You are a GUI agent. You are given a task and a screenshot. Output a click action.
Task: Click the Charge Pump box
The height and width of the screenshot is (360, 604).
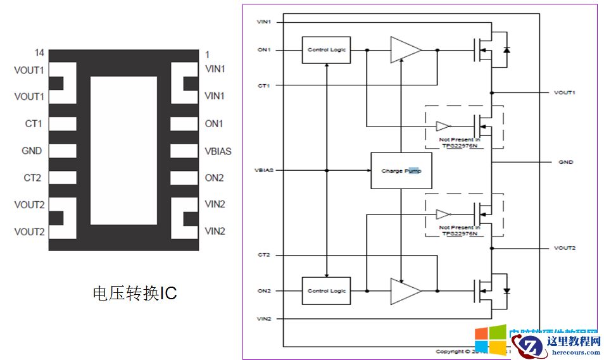point(401,171)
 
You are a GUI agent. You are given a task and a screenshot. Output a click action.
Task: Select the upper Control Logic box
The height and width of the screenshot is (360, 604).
point(326,50)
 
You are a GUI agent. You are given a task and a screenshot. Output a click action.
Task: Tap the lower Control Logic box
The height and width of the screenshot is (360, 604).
point(326,291)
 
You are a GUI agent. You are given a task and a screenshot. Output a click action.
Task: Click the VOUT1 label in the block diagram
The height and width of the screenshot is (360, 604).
point(565,93)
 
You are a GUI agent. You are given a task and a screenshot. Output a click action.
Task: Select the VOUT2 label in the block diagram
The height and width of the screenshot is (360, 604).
point(565,248)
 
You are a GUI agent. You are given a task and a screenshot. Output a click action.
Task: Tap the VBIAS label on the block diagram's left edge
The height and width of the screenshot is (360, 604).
point(265,170)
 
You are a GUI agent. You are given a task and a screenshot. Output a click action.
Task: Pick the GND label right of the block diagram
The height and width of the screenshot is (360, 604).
point(565,162)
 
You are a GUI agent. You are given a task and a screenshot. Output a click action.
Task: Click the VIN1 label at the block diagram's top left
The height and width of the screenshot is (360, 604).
point(264,22)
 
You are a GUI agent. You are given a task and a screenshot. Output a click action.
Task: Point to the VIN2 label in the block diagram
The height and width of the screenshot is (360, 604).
point(264,318)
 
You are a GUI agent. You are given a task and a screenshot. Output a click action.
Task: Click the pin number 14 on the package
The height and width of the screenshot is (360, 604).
point(39,53)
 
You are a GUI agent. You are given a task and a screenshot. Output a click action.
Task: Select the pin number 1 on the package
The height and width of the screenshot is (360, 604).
point(206,53)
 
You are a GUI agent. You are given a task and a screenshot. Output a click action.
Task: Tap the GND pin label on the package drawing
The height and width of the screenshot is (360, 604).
point(32,151)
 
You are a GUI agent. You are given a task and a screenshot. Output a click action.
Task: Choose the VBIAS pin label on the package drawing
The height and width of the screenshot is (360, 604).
point(218,151)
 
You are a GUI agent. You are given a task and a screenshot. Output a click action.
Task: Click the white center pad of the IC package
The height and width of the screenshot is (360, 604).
point(123,151)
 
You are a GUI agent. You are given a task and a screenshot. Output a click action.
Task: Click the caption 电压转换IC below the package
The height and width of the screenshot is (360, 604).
point(135,293)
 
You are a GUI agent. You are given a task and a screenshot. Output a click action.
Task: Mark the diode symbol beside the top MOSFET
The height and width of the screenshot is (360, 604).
point(506,49)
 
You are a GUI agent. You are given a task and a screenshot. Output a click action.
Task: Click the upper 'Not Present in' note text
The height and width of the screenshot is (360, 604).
point(459,139)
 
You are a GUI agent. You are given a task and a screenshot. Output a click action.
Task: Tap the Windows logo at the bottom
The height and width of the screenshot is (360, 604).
point(490,340)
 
